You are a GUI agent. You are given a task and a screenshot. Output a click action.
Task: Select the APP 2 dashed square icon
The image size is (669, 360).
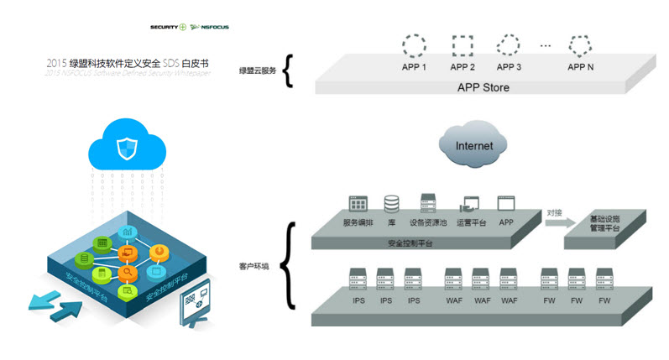click(x=463, y=44)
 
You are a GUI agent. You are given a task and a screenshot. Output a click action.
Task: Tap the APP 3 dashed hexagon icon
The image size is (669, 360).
click(x=509, y=44)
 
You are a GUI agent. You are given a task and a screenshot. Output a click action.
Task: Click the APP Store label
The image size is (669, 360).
click(x=483, y=87)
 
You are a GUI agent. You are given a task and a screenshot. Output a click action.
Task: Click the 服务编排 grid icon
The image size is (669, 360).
click(x=359, y=204)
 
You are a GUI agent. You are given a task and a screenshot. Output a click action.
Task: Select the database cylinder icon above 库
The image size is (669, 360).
click(x=392, y=203)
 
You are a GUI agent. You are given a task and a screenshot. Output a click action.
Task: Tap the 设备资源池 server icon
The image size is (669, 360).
click(x=428, y=203)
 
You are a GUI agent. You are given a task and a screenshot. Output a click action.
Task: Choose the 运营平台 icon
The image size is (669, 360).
click(x=468, y=204)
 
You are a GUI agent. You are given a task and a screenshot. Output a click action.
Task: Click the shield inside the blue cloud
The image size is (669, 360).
click(x=124, y=148)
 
